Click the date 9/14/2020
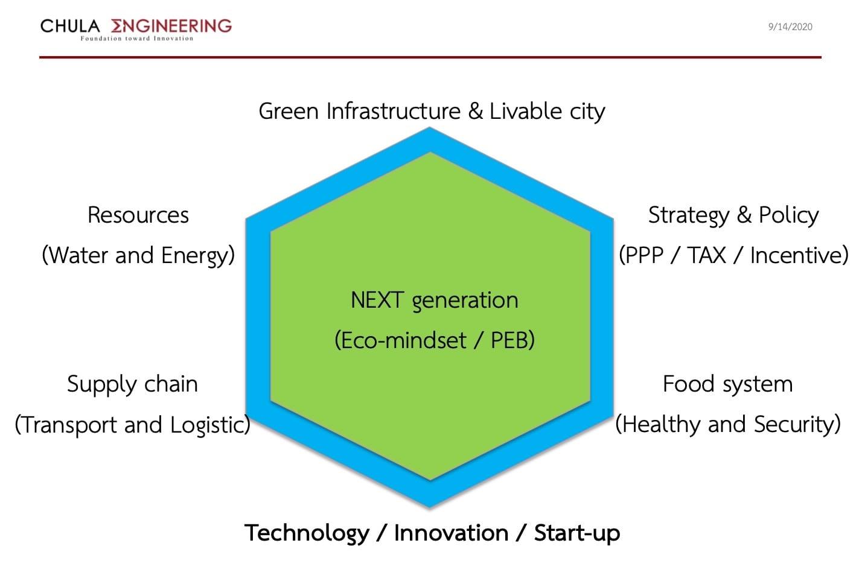[790, 27]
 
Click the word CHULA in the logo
[70, 27]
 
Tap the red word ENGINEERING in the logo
[171, 26]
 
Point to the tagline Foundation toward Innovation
[136, 39]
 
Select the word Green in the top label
[289, 111]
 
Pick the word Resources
[138, 215]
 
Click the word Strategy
[689, 216]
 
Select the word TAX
[706, 255]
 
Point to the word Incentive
[799, 255]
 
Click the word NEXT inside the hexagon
[377, 300]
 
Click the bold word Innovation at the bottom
[452, 533]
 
